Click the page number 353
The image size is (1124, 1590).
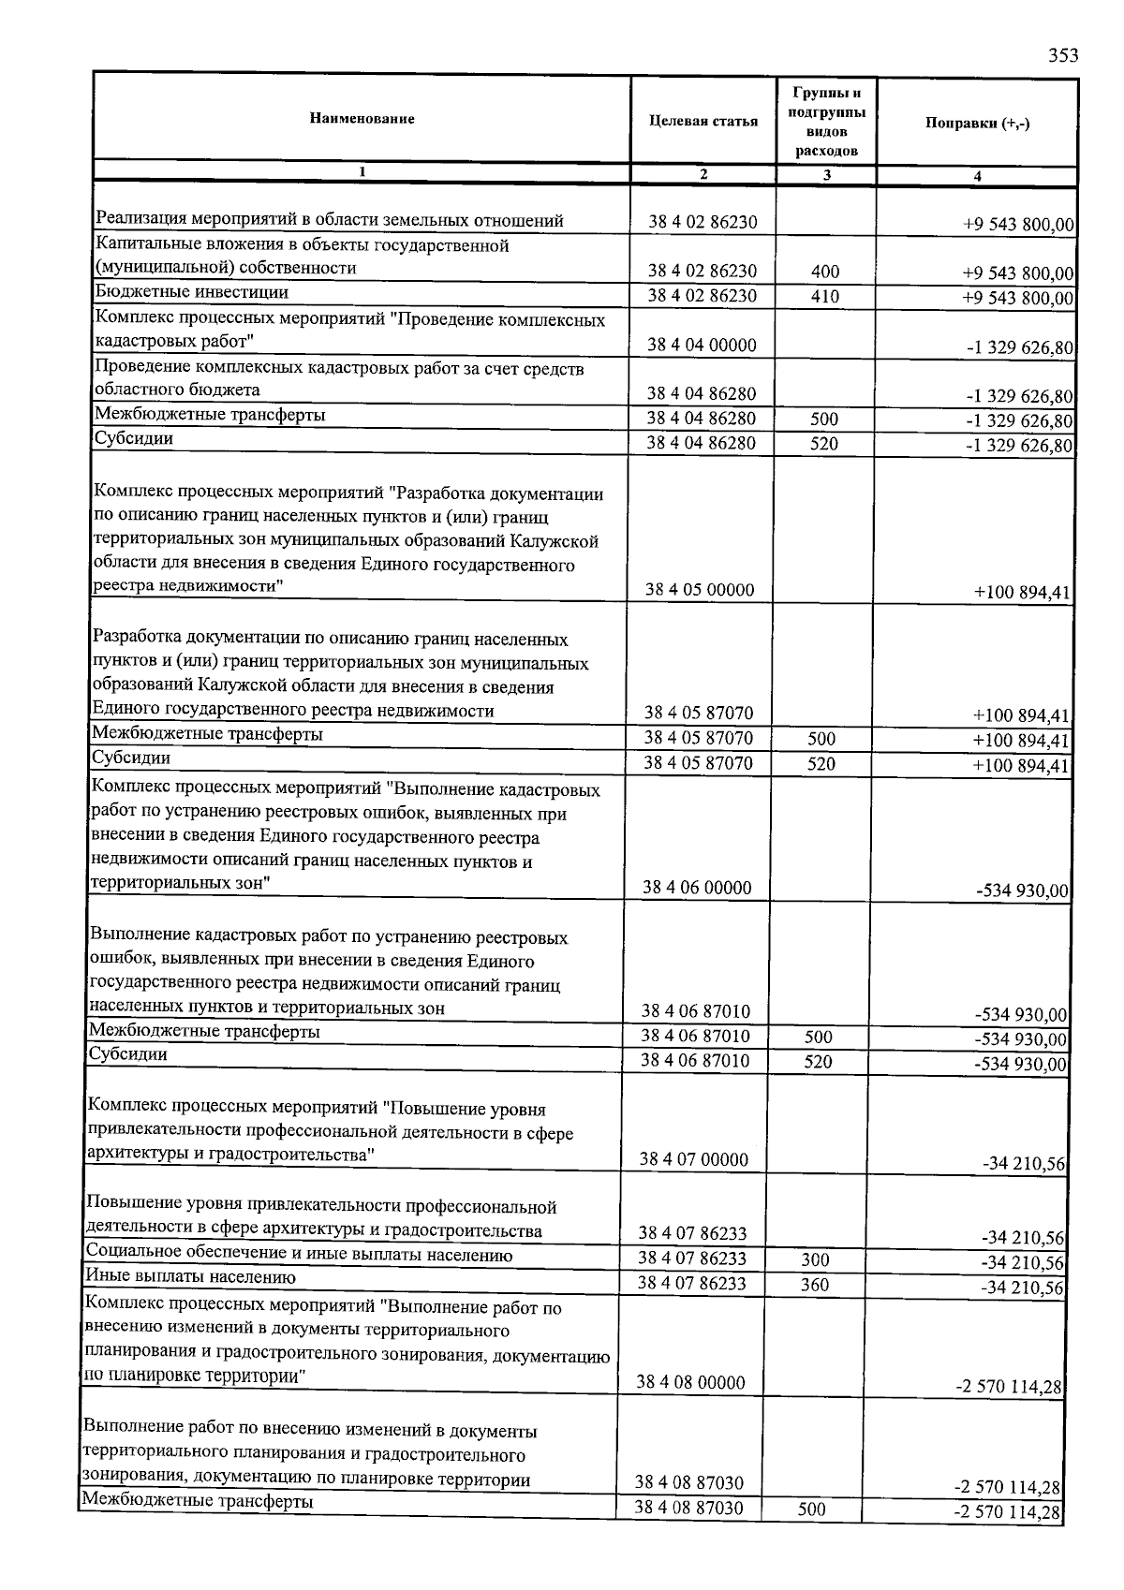coord(1063,55)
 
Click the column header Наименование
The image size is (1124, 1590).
coord(361,119)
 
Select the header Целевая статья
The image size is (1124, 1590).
coord(702,122)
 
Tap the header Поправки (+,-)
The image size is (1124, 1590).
coord(977,124)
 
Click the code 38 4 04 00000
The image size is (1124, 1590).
coord(702,345)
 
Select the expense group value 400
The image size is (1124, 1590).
coord(825,272)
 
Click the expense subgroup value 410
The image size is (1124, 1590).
coord(825,297)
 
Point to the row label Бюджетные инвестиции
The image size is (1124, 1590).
coord(192,291)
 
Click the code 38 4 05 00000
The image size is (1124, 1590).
coord(700,590)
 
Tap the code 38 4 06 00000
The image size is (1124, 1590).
coord(697,888)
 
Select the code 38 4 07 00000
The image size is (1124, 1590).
coord(694,1159)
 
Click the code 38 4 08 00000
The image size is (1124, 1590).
coord(691,1382)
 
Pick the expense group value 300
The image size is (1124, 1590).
coord(816,1260)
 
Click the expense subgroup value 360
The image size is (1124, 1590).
coord(815,1285)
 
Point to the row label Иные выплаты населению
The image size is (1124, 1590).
coord(191,1277)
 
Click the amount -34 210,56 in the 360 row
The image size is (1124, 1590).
coord(1024,1288)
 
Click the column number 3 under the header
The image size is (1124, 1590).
coord(826,174)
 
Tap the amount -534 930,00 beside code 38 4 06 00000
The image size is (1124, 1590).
coord(1022,891)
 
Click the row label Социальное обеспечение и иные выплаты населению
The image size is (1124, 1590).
coord(299,1255)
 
